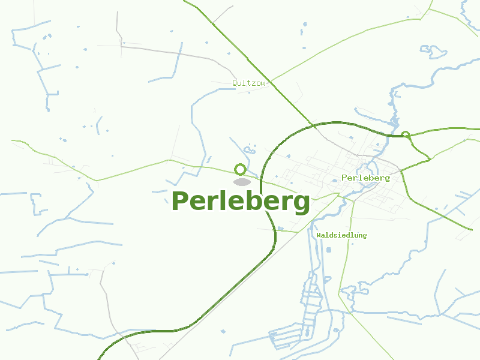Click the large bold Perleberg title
point(241,202)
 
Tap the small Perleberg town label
point(365,178)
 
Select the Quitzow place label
point(248,83)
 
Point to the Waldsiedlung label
point(341,235)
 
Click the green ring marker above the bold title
point(241,169)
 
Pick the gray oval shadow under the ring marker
point(242,182)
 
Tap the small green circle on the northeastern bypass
point(406,135)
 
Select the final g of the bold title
point(301,204)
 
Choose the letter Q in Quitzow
point(235,83)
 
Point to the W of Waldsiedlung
point(319,235)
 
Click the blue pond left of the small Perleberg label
point(334,180)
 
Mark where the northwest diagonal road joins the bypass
point(313,125)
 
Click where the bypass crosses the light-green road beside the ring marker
point(262,177)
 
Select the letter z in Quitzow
point(254,83)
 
